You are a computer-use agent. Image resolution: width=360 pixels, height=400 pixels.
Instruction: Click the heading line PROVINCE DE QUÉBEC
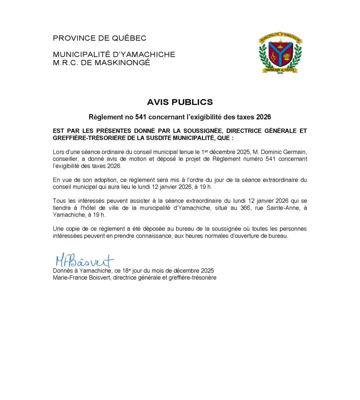[100, 38]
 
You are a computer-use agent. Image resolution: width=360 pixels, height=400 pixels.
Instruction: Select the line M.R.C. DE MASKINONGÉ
[101, 62]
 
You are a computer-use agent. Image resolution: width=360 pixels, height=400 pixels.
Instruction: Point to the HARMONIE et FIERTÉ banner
[280, 70]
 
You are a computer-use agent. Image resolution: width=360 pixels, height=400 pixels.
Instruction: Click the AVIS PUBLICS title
[180, 102]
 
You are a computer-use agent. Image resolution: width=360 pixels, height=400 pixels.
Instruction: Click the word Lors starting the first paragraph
[58, 152]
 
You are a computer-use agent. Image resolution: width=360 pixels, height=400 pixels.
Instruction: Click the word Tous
[59, 201]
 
